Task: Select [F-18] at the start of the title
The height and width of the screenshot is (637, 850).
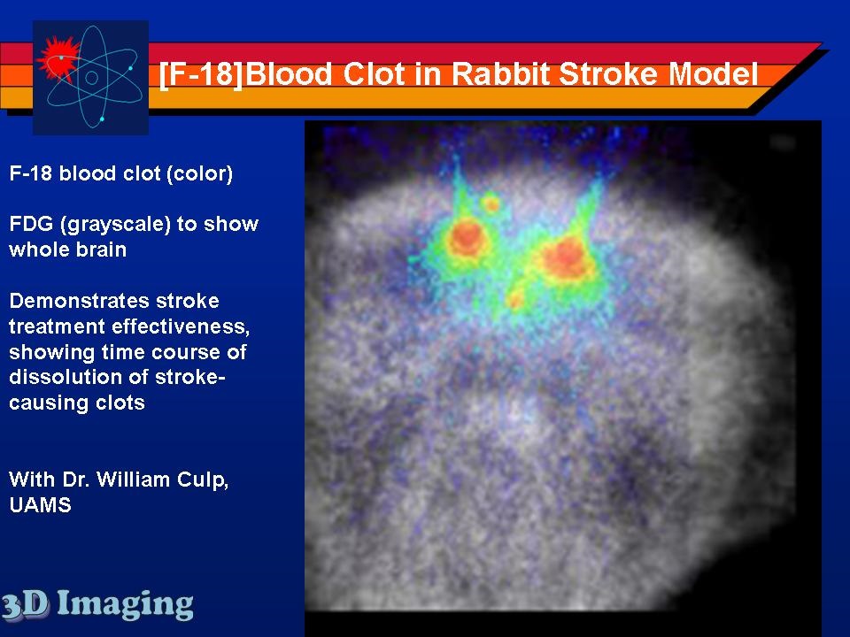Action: [x=201, y=74]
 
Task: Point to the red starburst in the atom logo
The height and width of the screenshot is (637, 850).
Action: [x=57, y=58]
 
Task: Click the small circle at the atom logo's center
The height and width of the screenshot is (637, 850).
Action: [x=91, y=78]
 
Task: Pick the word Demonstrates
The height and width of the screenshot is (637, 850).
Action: [x=114, y=301]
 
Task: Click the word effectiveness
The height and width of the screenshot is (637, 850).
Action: [x=181, y=326]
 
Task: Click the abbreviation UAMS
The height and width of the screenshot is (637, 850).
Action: [x=40, y=505]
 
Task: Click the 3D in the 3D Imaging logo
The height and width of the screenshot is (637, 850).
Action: [x=25, y=605]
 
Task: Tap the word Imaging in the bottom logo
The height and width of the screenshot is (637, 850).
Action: [x=125, y=605]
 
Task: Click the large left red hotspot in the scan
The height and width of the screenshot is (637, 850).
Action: [x=467, y=238]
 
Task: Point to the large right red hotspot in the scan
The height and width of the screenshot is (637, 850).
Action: [x=565, y=259]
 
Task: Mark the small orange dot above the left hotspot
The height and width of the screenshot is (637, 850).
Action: [x=491, y=203]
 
